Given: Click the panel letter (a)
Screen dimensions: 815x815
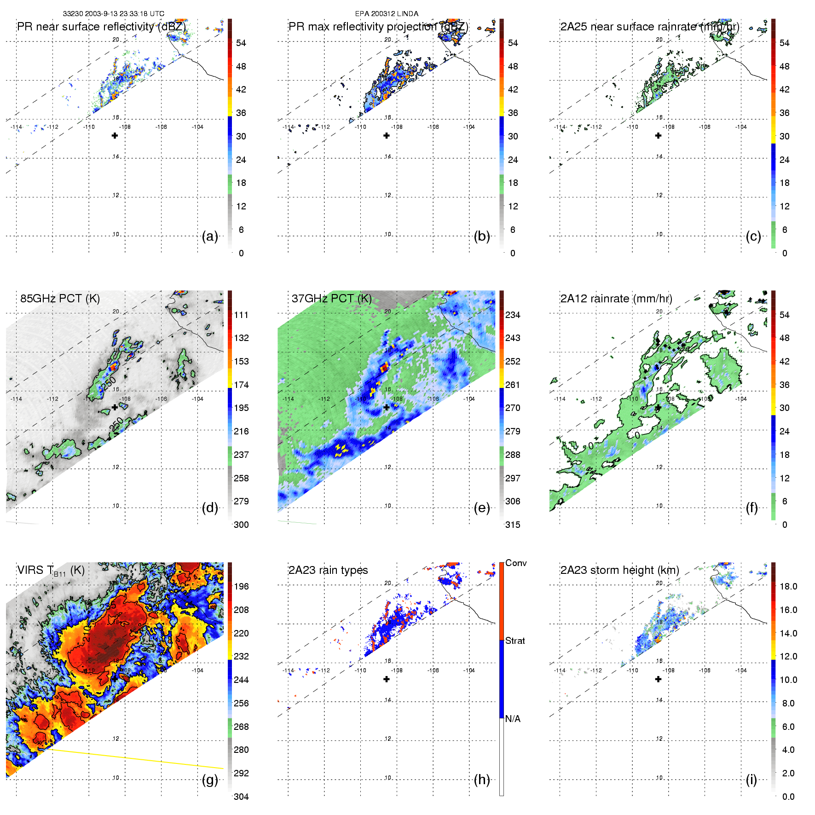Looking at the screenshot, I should coord(210,237).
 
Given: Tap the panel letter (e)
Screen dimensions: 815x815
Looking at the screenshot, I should coord(482,508).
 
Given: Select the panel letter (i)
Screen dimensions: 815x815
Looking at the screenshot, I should coord(751,780).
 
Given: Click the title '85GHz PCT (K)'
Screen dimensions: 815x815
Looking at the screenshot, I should coord(60,299).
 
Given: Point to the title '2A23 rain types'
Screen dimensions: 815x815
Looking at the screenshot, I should coord(328,570).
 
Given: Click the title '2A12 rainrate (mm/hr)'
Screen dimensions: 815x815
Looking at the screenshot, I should coord(616,299).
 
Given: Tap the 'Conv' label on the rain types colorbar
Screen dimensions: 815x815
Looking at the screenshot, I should coord(516,563).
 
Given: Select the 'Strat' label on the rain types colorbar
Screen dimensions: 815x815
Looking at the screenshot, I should coord(515,641).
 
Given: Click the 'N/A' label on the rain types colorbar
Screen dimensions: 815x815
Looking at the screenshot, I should coord(513,719).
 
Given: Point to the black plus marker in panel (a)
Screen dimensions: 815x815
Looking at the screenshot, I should coord(115,136).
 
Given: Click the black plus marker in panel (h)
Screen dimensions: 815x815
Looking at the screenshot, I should coord(387,679).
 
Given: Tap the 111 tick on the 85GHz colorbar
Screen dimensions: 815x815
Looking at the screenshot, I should coord(241,315).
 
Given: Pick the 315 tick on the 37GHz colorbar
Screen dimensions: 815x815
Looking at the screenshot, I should coord(513,525).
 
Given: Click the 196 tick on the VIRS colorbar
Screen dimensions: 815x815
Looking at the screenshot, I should coord(241,586).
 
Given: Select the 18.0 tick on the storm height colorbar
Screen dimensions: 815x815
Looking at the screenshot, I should coord(788,586).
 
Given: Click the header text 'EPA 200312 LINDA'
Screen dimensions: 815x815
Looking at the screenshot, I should coord(387,14).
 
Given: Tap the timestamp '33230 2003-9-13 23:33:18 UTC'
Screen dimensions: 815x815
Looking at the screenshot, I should coord(114,14).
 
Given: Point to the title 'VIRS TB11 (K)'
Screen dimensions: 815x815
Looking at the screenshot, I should coord(51,571).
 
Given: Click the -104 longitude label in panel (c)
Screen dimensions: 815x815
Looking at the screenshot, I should coord(741,127).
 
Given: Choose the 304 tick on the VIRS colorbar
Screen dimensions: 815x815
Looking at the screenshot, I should coord(241,797).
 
